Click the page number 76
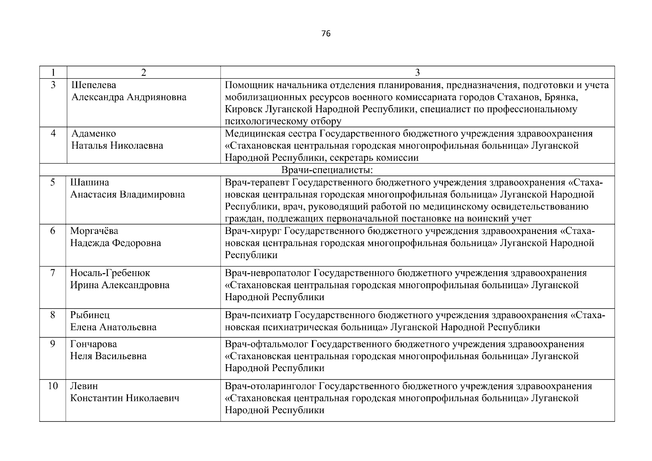point(325,34)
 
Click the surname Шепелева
point(94,85)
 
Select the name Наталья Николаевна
point(117,146)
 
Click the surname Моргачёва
point(94,231)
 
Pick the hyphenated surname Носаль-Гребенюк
point(110,273)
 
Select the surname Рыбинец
point(90,315)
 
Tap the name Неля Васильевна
point(108,356)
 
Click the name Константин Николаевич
point(124,398)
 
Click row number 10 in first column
point(53,386)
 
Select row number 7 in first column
point(53,273)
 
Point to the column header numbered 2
point(143,73)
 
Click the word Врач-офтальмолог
point(266,344)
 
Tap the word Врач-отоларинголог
point(270,386)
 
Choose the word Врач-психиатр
point(258,315)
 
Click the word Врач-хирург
point(254,231)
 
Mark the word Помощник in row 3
point(249,85)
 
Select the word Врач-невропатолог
point(268,273)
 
